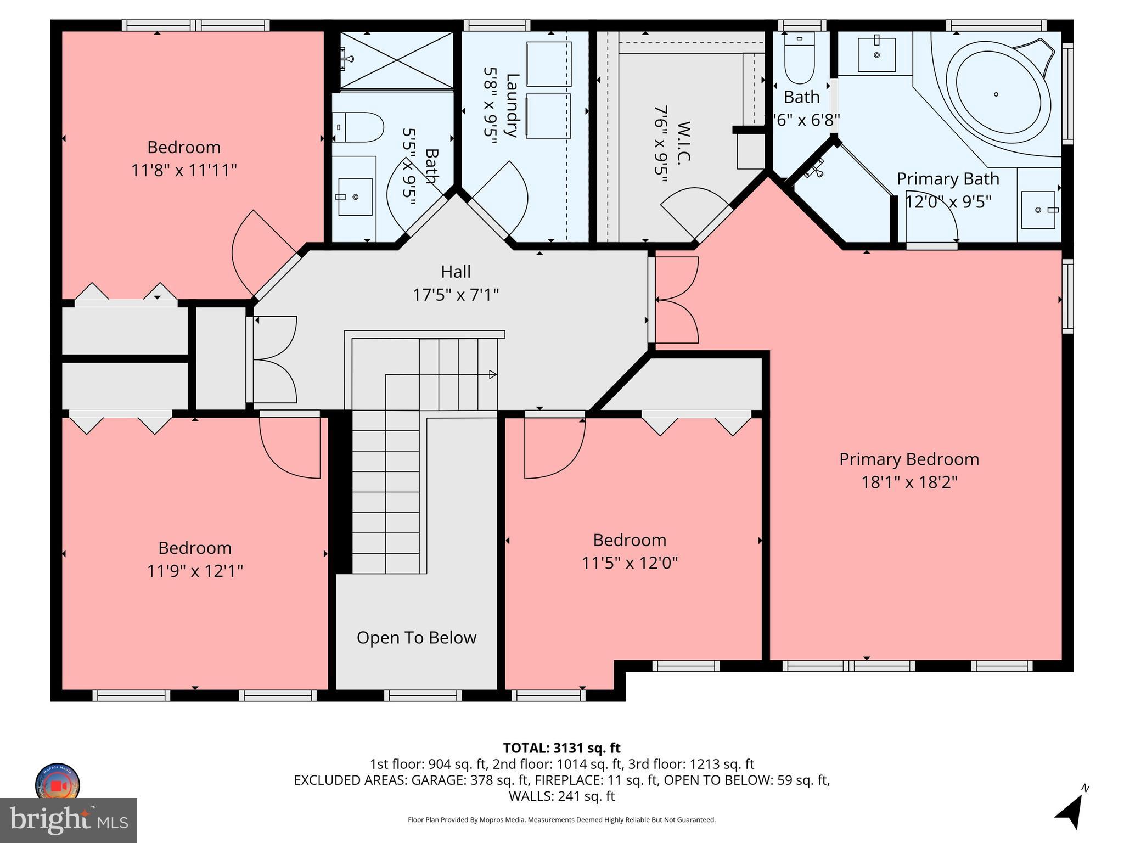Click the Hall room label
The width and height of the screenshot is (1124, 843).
click(456, 272)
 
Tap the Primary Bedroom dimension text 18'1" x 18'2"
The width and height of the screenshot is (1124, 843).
click(909, 482)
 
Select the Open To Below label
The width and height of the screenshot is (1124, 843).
click(416, 638)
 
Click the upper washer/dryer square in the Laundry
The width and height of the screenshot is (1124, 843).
click(549, 64)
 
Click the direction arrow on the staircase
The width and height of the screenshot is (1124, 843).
click(492, 375)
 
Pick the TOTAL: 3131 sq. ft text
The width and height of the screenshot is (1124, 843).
click(561, 748)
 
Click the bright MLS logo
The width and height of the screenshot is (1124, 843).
click(69, 820)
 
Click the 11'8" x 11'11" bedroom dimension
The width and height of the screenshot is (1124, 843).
click(184, 171)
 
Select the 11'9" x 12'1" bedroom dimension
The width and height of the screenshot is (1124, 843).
click(195, 571)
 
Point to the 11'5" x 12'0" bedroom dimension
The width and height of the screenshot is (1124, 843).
click(630, 563)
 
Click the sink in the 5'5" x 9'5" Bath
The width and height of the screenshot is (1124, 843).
click(355, 196)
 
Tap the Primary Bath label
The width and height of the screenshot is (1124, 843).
click(947, 179)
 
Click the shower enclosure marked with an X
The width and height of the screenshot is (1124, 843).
click(397, 60)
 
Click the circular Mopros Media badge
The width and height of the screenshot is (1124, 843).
click(58, 784)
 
